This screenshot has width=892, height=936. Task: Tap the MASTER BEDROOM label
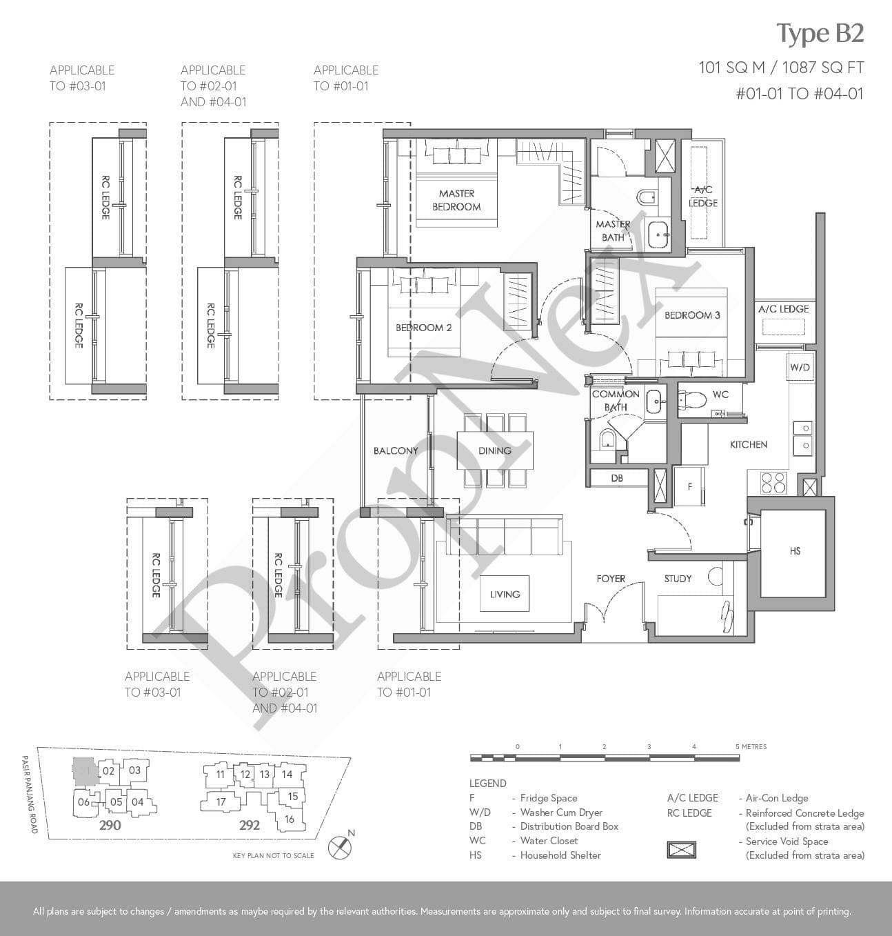pos(456,200)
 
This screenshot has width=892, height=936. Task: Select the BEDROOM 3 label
pos(692,315)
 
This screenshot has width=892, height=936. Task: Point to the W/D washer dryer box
pos(800,366)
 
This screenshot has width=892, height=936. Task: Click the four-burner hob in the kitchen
pos(773,482)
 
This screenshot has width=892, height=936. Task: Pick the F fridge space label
pos(690,486)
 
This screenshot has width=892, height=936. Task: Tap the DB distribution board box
pos(618,477)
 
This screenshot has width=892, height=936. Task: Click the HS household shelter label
pos(795,551)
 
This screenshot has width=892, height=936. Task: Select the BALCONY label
pos(396,450)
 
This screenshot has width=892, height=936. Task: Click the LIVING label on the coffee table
pos(505,594)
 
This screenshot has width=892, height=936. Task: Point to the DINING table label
pos(494,450)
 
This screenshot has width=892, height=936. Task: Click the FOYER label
pos(611,579)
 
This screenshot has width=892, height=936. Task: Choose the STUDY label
pos(678,579)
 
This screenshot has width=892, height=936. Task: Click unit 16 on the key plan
pos(289,819)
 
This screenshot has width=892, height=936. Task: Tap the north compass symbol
pos(340,848)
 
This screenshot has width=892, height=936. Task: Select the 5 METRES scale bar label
pos(751,746)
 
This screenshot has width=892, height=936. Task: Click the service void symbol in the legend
pos(682,849)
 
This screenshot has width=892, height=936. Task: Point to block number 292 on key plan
pos(250,825)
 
